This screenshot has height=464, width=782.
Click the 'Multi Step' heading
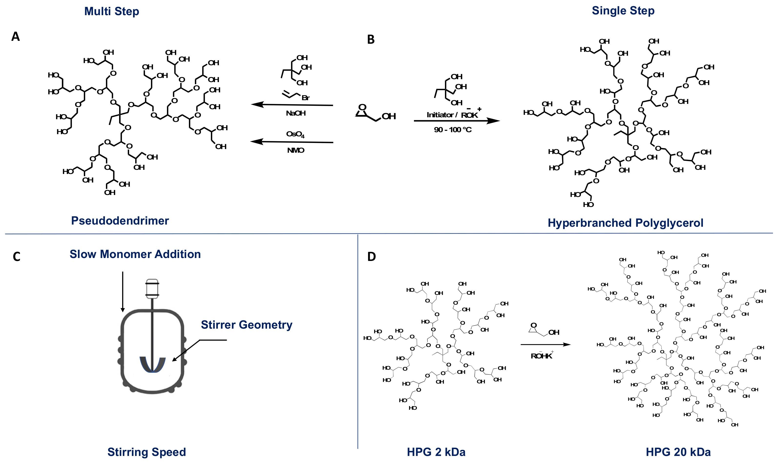pos(112,11)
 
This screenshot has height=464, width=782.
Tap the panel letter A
pos(16,37)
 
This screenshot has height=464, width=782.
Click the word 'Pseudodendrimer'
pos(120,221)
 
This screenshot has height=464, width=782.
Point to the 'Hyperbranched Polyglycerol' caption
pos(625,223)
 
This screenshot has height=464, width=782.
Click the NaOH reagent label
pos(295,113)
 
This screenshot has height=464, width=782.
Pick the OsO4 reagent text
pos(295,134)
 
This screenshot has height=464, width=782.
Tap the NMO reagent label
pos(295,151)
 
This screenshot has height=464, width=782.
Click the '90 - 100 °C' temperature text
pos(452,130)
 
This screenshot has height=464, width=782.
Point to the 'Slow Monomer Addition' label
pos(135,254)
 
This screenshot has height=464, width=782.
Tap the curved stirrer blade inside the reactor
pos(152,365)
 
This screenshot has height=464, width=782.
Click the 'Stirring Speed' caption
pos(146,452)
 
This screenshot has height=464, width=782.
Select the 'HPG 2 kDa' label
pos(436,452)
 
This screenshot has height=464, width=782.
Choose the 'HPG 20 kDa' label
pos(678,452)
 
